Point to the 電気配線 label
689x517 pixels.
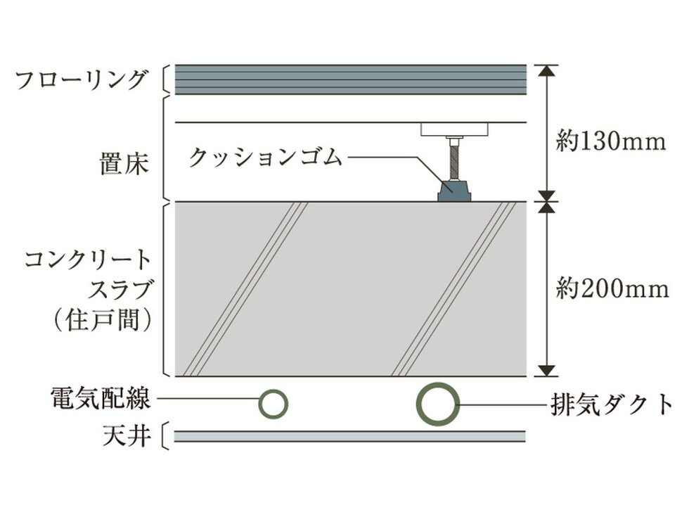tap(101, 400)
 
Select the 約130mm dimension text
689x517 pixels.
tap(611, 142)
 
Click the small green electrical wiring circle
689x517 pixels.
tap(273, 404)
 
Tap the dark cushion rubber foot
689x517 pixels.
tap(453, 190)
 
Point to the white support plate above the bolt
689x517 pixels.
tap(455, 129)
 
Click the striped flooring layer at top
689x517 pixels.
tap(350, 79)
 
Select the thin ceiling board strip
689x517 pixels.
tap(349, 437)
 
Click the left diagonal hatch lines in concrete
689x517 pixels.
tap(245, 288)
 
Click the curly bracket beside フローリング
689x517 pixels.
tap(167, 79)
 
